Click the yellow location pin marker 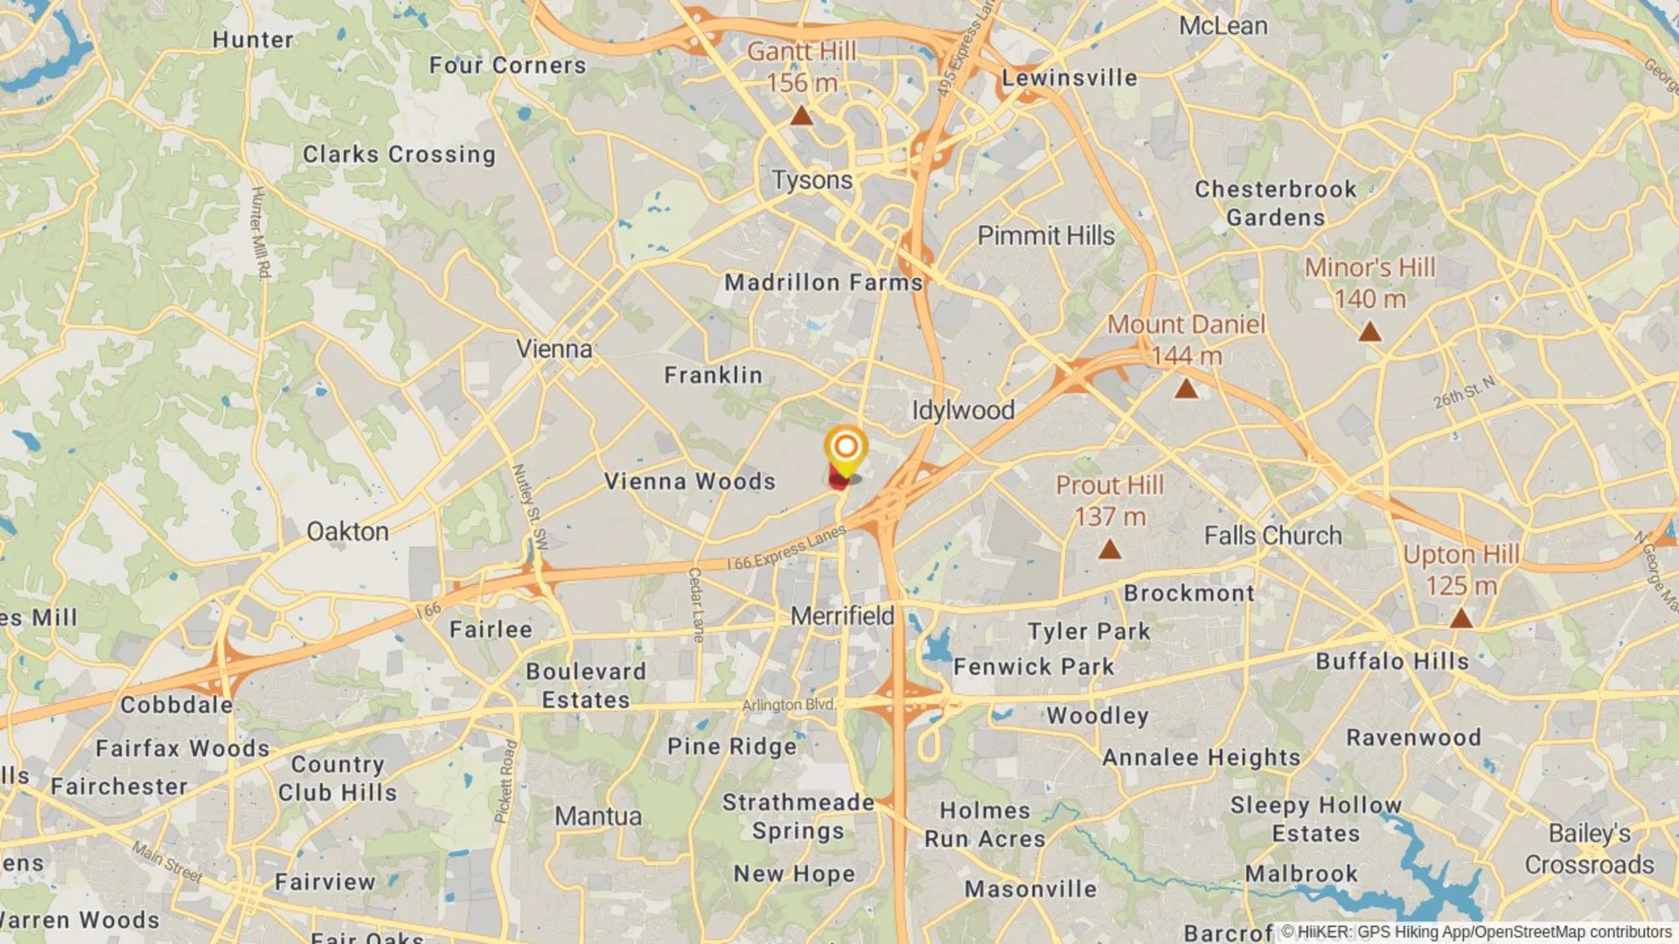[846, 448]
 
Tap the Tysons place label [812, 180]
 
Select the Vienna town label [554, 349]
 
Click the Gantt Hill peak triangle [802, 116]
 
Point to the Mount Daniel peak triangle [1186, 388]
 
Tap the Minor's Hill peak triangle [1369, 332]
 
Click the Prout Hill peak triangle [1110, 549]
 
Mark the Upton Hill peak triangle [1460, 619]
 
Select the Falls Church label [1272, 535]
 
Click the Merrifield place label [842, 615]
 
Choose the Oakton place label [347, 531]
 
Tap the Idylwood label [963, 410]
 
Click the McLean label [1223, 26]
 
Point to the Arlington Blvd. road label [788, 705]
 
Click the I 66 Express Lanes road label [787, 548]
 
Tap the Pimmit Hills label [1046, 235]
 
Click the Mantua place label [598, 816]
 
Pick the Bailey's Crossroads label [1589, 849]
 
